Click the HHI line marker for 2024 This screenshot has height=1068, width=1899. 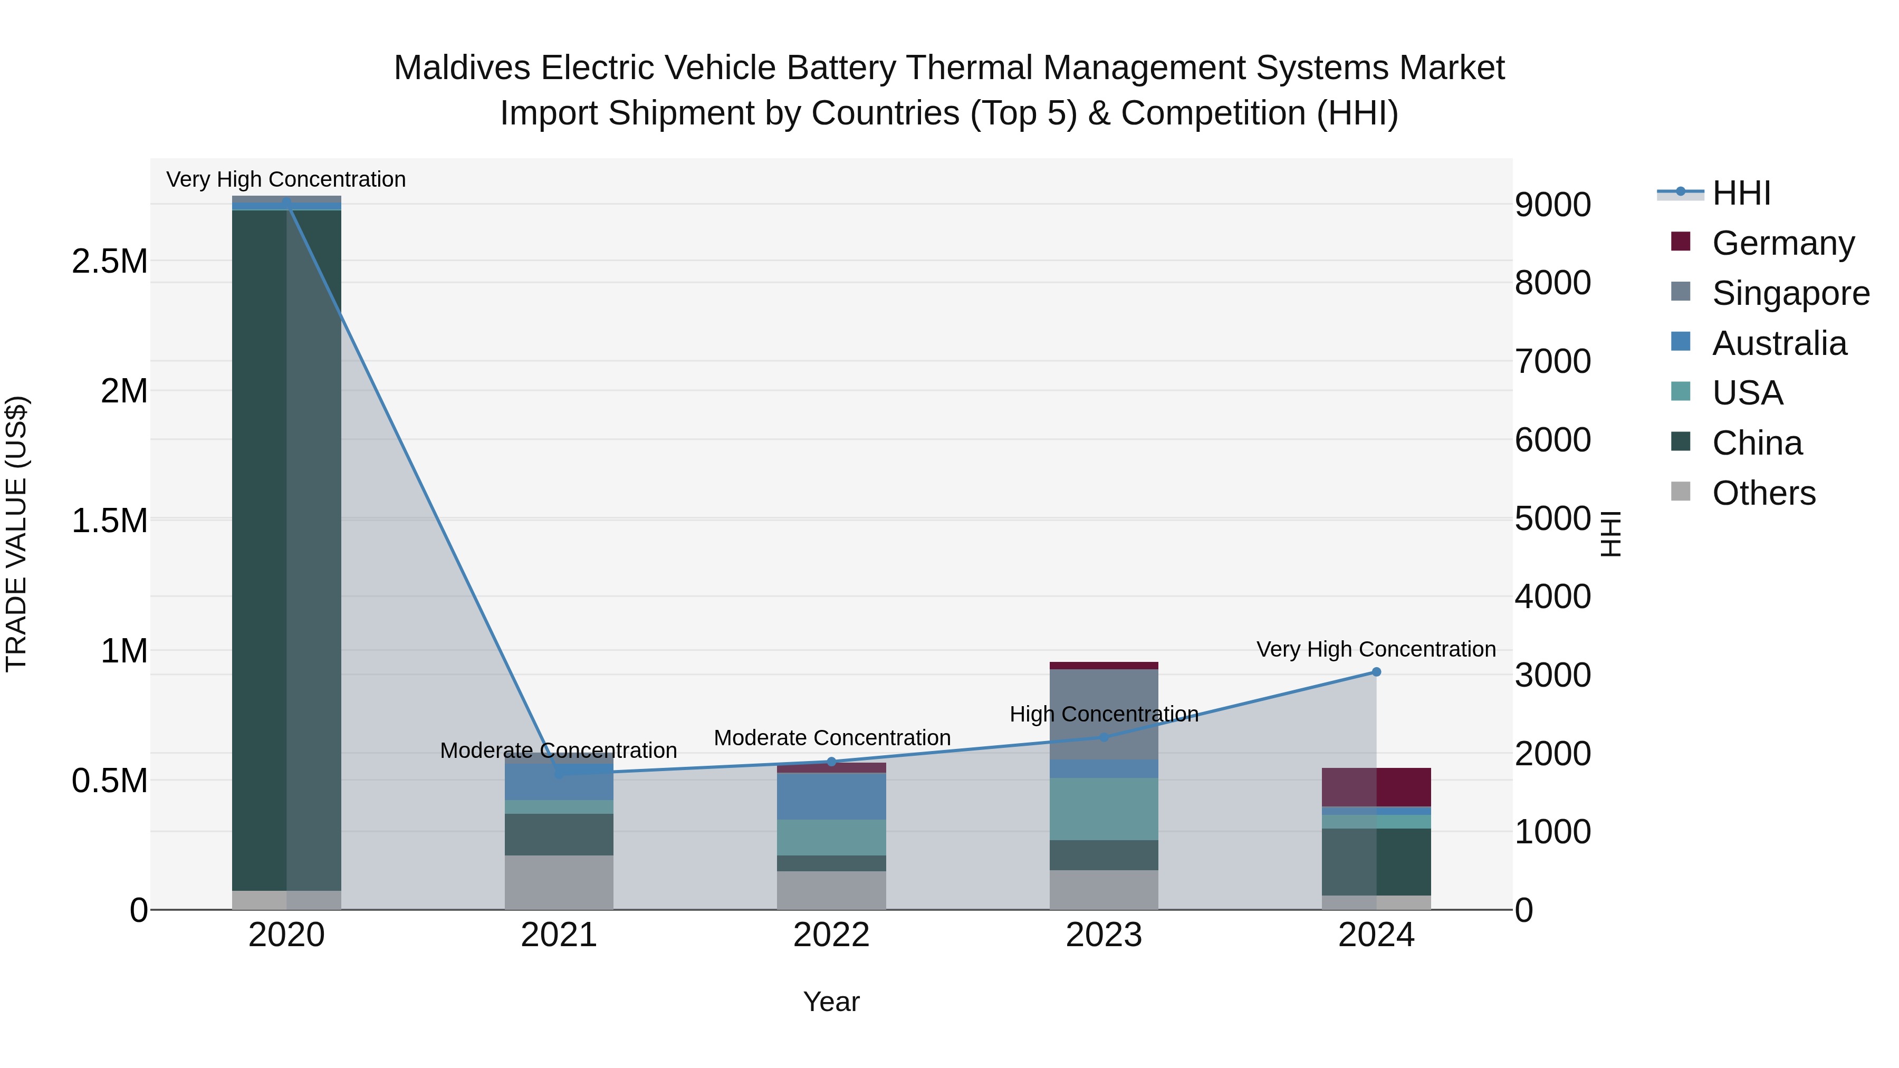pyautogui.click(x=1376, y=672)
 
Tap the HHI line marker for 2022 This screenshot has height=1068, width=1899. pyautogui.click(x=831, y=762)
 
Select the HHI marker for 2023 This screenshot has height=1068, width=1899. pyautogui.click(x=1104, y=737)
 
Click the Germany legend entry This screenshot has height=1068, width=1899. pyautogui.click(x=1782, y=243)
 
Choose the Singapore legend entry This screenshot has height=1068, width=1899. pyautogui.click(x=1790, y=293)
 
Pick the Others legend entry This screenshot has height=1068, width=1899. pyautogui.click(x=1763, y=493)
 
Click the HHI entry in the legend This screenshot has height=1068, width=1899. pyautogui.click(x=1741, y=193)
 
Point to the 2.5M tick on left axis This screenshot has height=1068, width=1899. pyautogui.click(x=109, y=262)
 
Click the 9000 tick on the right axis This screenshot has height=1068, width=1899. pyautogui.click(x=1552, y=205)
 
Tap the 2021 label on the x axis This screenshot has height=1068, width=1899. pyautogui.click(x=559, y=935)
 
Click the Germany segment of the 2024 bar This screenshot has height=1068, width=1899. pyautogui.click(x=1376, y=787)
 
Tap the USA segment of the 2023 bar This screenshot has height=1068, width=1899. pyautogui.click(x=1104, y=809)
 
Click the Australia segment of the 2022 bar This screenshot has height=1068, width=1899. pyautogui.click(x=831, y=796)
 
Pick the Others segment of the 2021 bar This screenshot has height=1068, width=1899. pyautogui.click(x=559, y=882)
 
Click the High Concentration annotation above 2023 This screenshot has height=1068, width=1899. pyautogui.click(x=1104, y=714)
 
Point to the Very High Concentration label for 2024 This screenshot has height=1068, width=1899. pyautogui.click(x=1376, y=649)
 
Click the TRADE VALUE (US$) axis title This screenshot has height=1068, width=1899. pyautogui.click(x=17, y=534)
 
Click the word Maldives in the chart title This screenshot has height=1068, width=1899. pyautogui.click(x=462, y=69)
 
